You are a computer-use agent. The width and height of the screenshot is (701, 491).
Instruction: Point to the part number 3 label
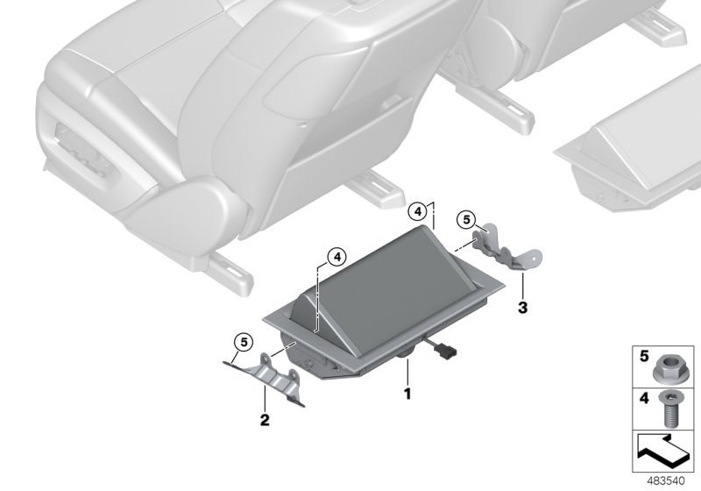click(522, 308)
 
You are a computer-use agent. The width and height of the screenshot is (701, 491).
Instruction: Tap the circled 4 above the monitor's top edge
click(420, 210)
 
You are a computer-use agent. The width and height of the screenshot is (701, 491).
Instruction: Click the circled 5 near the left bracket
click(242, 342)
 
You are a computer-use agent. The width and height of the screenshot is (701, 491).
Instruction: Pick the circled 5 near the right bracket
click(466, 218)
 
